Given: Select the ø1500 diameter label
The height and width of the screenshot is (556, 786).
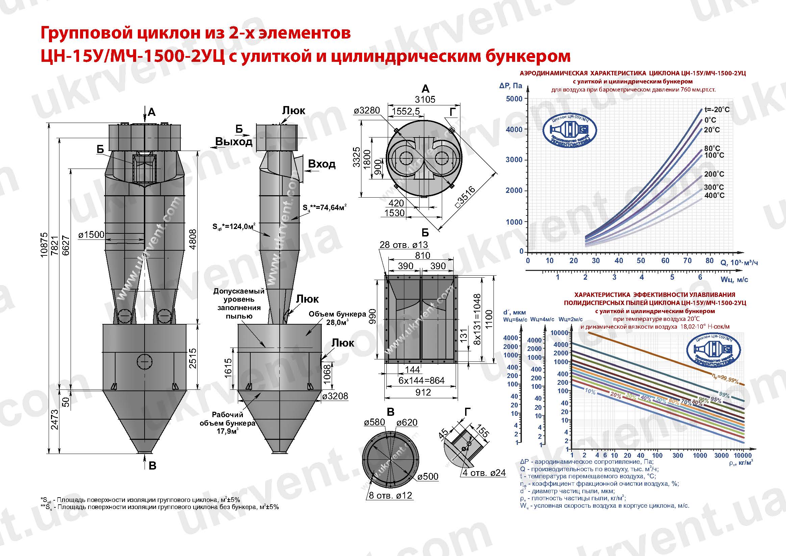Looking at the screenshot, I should pos(91,235).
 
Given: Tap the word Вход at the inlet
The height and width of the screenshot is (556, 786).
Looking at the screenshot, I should pos(322,165).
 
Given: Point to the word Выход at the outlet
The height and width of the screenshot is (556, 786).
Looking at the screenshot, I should pos(233,142).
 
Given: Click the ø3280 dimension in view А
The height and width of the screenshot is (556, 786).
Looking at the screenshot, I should pos(366,110).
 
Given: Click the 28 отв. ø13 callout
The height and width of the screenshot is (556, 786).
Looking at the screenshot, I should pos(404,245).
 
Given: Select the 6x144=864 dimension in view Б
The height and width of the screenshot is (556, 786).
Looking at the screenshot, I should pos(422,380).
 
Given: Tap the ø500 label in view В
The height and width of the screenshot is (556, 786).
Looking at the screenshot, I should pos(428,477).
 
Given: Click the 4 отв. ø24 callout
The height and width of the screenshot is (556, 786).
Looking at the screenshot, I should pos(484,473).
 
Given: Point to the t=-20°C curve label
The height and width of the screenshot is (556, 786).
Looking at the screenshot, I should pos(717,110).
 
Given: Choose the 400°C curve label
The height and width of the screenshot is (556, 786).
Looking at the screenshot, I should pos(714,196).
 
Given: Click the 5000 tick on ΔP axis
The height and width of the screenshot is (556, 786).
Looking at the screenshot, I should pos(514,99).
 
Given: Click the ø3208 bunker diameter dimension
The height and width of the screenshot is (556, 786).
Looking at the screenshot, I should pos(335,397).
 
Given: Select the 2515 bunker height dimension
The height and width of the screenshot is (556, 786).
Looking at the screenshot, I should pos(193,358).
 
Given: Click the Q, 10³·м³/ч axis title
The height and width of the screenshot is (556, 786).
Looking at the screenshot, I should pos(739,262).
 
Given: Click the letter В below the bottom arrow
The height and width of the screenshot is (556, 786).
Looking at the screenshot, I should pos(152,465).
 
